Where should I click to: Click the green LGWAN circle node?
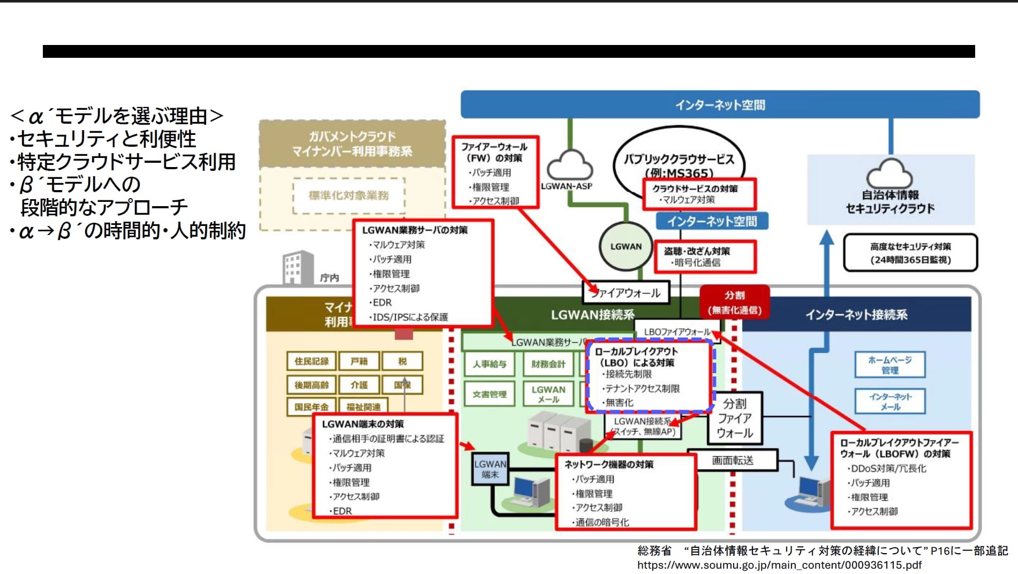point(625,246)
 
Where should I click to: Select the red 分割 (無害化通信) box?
point(734,303)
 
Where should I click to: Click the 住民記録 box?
point(311,361)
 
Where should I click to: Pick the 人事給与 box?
point(489,364)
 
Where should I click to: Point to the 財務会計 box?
point(548,364)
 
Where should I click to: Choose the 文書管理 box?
point(489,394)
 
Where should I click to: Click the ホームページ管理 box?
point(889,365)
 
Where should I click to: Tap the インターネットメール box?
point(889,401)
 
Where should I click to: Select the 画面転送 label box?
point(732,460)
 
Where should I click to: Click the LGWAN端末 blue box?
point(489,469)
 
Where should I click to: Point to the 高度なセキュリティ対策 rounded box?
point(910,253)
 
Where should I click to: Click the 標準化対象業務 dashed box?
point(349,195)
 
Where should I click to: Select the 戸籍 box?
point(359,361)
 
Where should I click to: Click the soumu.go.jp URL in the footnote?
point(779,565)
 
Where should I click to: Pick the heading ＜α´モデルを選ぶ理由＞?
point(116,116)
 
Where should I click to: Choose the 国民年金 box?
point(311,407)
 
